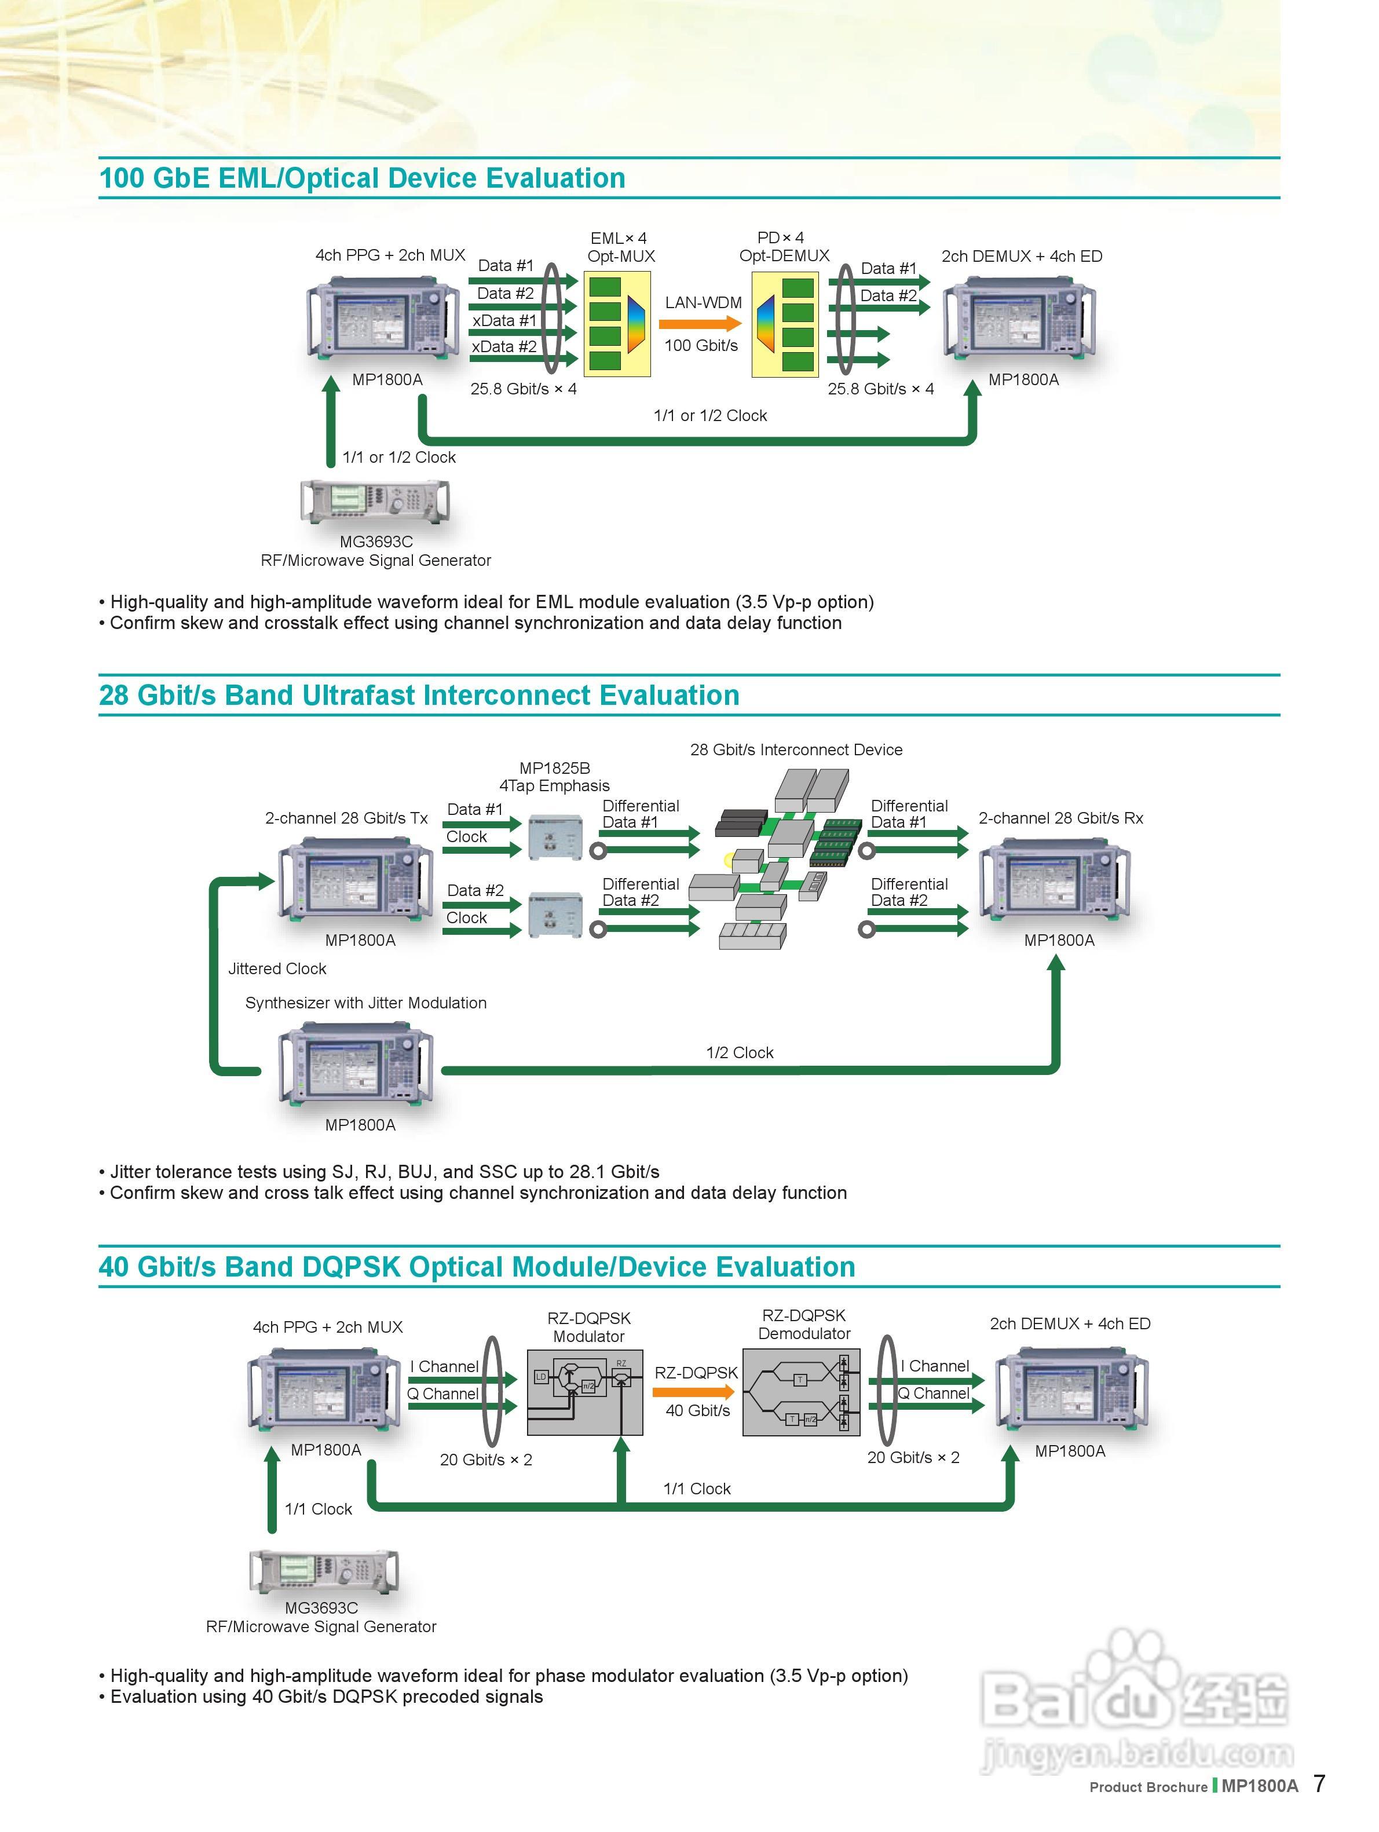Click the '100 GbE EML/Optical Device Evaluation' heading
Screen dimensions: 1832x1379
[362, 178]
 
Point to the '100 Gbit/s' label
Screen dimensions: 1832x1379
[701, 345]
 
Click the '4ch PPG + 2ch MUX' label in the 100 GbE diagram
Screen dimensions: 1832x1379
[390, 255]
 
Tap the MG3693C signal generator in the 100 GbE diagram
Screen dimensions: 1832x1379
[375, 501]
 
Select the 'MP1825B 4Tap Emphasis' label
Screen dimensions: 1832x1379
[554, 777]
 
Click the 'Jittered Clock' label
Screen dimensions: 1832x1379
[277, 969]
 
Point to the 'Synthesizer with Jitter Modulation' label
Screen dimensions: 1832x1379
[365, 1003]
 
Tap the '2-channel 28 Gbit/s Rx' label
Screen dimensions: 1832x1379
[1060, 818]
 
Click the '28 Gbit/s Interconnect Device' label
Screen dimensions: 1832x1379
[796, 749]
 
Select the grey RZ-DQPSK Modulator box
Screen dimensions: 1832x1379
[585, 1392]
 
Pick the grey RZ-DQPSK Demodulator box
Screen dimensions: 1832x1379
[801, 1392]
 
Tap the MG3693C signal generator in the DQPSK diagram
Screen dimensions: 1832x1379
[324, 1571]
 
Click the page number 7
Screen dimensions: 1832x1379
[1319, 1783]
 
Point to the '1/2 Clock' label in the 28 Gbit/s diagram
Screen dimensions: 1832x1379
[740, 1052]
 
